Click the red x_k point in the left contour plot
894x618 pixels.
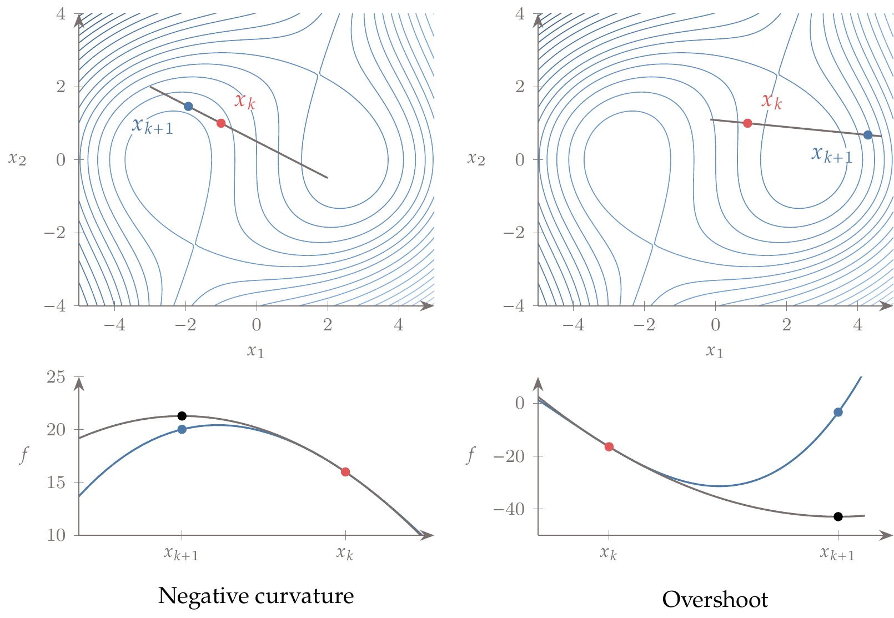(x=221, y=123)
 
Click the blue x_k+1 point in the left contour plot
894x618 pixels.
(x=188, y=107)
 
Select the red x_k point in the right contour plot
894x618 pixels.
(x=747, y=123)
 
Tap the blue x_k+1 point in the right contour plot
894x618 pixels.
(x=868, y=135)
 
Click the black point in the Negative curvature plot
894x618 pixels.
(x=182, y=416)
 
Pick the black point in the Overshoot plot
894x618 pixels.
(x=838, y=516)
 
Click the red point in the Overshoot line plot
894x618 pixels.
(x=609, y=446)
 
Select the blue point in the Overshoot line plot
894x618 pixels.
(x=838, y=412)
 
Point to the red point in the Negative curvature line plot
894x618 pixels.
(x=345, y=472)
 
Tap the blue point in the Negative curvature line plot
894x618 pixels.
(x=182, y=429)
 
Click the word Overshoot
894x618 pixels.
(x=715, y=600)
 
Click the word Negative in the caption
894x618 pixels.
(x=203, y=596)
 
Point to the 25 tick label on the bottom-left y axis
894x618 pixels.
(x=56, y=378)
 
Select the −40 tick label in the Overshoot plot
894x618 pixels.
(x=509, y=509)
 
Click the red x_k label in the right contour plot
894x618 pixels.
(x=771, y=101)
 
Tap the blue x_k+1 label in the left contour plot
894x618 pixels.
(x=152, y=125)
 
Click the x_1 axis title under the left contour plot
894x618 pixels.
(x=255, y=351)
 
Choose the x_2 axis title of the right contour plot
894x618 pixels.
(x=476, y=159)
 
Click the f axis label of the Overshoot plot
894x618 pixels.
(x=470, y=455)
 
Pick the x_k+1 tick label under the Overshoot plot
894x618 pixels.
(x=837, y=554)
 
